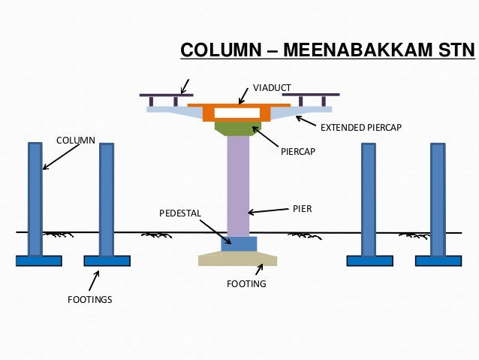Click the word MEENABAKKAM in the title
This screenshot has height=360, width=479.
[x=357, y=51]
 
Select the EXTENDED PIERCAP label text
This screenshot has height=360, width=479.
[x=361, y=129]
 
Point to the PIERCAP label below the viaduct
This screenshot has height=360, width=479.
[x=297, y=151]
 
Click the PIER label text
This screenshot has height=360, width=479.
[x=302, y=208]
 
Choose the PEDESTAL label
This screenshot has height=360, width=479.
[x=180, y=213]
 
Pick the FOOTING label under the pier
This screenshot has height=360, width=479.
[x=246, y=285]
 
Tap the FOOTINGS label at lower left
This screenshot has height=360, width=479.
[x=89, y=300]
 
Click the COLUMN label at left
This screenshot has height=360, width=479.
[x=75, y=140]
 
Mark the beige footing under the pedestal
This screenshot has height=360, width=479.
[x=238, y=259]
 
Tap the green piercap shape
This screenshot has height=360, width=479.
[x=238, y=128]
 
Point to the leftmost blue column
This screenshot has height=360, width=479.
[x=35, y=198]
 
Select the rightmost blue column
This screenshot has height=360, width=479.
[x=438, y=198]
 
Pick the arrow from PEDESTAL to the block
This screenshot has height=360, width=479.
[x=217, y=230]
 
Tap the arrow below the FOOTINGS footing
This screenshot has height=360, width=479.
[x=94, y=280]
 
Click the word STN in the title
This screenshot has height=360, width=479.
[x=453, y=51]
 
